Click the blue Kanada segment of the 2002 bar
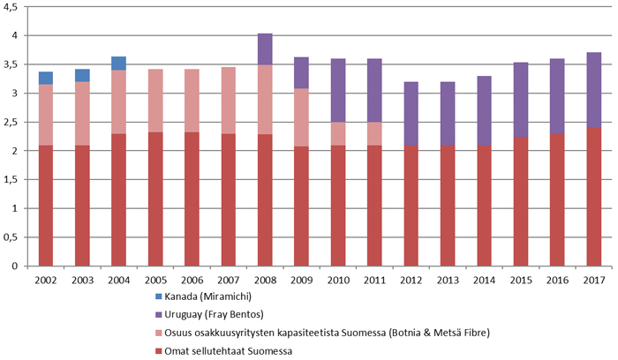click(x=46, y=78)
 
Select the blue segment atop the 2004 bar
click(x=118, y=64)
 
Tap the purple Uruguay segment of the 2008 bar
click(x=263, y=49)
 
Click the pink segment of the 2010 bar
click(x=335, y=133)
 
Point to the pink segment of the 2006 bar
click(x=191, y=101)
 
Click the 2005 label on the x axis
click(x=154, y=279)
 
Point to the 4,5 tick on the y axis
click(x=13, y=7)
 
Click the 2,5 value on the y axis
click(x=13, y=123)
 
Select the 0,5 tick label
click(x=13, y=237)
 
